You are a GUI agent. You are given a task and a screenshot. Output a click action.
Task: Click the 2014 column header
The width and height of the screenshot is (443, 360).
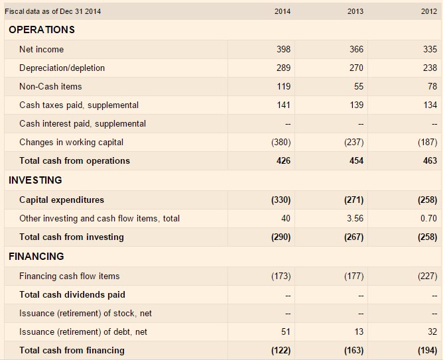click(283, 11)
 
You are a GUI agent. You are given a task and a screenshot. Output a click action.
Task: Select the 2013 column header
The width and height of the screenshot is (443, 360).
click(355, 11)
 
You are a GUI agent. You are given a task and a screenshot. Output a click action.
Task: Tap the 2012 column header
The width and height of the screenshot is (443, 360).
click(429, 11)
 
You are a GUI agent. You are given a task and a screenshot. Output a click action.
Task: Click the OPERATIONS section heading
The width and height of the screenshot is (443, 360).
click(42, 30)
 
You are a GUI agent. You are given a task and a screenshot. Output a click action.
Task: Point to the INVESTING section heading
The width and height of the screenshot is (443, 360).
click(35, 180)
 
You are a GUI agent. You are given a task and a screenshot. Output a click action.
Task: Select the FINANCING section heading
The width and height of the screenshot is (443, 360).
click(36, 257)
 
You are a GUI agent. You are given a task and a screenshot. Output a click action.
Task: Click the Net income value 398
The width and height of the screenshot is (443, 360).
click(283, 49)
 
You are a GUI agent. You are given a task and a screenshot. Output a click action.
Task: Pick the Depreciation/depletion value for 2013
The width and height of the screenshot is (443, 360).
click(356, 68)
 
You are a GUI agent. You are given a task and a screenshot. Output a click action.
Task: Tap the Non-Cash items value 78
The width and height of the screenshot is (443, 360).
click(432, 86)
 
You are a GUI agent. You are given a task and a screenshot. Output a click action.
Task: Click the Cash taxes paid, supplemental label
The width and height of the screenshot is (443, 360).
click(79, 105)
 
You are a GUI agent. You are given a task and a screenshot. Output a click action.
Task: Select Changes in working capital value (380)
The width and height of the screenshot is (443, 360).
click(281, 142)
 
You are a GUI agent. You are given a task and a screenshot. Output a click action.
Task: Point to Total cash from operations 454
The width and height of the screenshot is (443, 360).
click(356, 160)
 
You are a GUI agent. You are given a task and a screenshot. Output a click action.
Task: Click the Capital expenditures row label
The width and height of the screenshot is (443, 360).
click(62, 200)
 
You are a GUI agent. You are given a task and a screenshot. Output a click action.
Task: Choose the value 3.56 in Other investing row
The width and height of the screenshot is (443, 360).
click(355, 218)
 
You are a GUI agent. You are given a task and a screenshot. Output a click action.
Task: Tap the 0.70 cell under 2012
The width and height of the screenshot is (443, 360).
click(428, 218)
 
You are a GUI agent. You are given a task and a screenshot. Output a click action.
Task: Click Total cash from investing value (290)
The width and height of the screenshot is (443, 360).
click(281, 237)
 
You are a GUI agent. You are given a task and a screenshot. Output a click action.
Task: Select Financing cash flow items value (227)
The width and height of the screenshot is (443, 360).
click(428, 276)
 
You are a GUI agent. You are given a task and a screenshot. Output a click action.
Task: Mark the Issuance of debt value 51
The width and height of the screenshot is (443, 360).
click(286, 331)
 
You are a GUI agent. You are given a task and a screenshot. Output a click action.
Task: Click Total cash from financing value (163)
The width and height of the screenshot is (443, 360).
click(353, 351)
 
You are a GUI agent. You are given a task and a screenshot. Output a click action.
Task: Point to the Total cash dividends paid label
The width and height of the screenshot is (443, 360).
click(72, 294)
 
